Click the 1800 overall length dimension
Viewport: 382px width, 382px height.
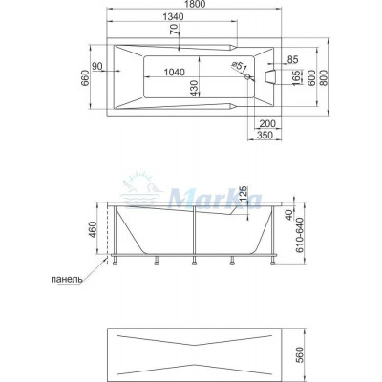coord(195,4)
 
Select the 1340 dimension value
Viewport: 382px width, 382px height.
coord(173,17)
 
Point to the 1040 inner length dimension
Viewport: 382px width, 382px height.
coord(174,73)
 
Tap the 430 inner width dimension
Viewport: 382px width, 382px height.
coord(195,88)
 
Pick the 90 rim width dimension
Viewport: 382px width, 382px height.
coord(97,66)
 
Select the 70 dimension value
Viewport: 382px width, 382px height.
coord(174,31)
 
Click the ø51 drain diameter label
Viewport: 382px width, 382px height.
coord(240,67)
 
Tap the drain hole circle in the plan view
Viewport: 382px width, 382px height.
coord(247,76)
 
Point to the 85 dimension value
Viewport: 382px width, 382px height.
coord(292,59)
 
